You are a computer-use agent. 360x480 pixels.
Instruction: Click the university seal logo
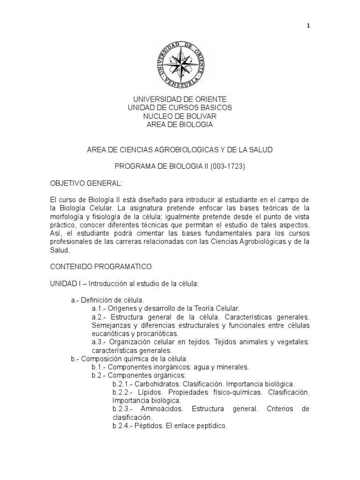tap(180, 64)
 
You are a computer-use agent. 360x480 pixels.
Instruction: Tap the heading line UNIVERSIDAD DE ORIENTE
tap(180, 99)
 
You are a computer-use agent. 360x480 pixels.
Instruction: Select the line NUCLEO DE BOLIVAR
tap(180, 116)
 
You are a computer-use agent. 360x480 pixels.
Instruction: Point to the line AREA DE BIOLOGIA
tap(180, 125)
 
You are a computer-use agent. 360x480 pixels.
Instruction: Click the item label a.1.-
tap(99, 308)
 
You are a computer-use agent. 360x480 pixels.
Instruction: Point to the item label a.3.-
tap(99, 342)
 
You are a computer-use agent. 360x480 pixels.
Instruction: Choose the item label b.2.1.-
tap(122, 384)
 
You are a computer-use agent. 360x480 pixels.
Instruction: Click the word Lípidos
tap(152, 392)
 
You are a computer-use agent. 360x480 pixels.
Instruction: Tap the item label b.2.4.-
tap(122, 426)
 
